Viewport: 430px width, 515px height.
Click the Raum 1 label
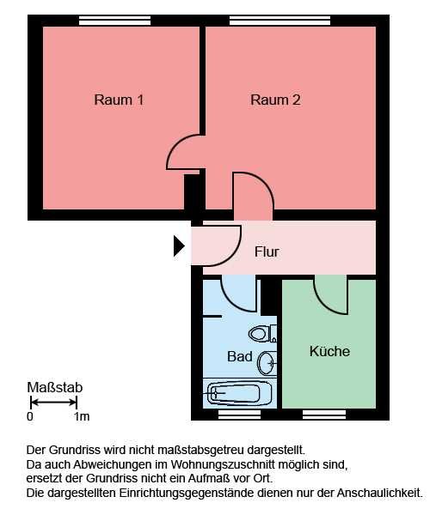point(119,100)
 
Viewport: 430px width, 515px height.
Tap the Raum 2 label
point(275,100)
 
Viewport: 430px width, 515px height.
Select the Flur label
point(267,251)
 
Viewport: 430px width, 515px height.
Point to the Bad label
point(240,356)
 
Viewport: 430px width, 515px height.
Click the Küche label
point(329,351)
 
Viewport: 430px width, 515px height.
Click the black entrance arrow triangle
point(179,245)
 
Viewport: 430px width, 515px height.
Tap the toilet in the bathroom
point(262,334)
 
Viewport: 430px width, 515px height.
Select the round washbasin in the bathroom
point(267,363)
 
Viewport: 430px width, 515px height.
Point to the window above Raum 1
point(115,21)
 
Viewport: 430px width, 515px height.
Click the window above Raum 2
point(279,21)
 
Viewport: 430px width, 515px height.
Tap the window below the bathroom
point(240,415)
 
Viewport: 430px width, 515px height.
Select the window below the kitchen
point(324,415)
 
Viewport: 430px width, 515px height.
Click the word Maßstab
point(55,388)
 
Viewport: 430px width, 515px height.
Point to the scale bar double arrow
point(53,402)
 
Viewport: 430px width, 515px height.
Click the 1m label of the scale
point(82,416)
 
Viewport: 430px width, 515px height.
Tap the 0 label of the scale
point(30,416)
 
